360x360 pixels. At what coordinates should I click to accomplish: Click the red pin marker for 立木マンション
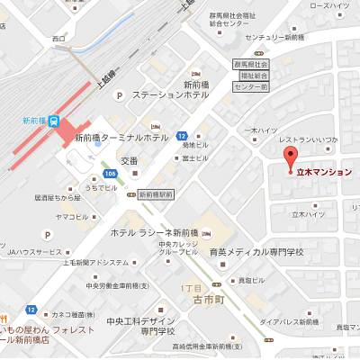(x=290, y=157)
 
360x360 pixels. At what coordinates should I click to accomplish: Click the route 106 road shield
(x=109, y=174)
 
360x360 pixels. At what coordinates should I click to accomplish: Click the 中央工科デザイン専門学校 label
(x=139, y=326)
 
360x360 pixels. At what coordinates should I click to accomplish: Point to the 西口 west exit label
(x=59, y=39)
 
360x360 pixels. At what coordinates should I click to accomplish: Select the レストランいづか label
(x=309, y=139)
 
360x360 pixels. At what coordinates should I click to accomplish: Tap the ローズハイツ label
(x=329, y=5)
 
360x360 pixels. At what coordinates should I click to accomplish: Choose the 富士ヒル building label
(x=195, y=157)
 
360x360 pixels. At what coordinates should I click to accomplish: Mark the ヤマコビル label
(x=71, y=216)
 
